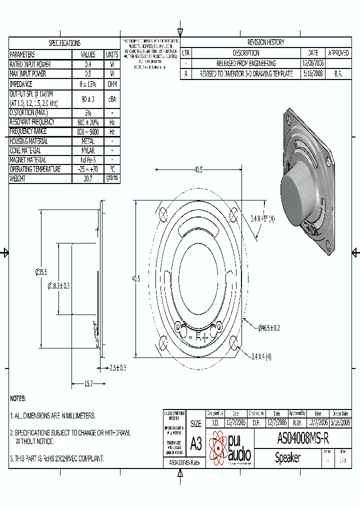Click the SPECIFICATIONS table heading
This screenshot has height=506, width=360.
click(x=64, y=43)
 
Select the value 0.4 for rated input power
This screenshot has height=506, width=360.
click(x=87, y=64)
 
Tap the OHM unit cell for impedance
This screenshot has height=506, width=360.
click(x=112, y=84)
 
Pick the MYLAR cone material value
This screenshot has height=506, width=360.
click(x=87, y=150)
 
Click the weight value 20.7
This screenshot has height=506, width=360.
click(x=87, y=178)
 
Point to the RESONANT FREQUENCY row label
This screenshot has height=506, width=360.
click(x=32, y=122)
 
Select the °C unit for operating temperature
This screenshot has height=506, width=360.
click(x=112, y=169)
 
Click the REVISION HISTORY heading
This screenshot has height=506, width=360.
click(x=265, y=42)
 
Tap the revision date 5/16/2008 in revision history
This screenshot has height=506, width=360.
click(x=313, y=73)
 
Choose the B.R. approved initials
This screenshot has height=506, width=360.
click(x=338, y=73)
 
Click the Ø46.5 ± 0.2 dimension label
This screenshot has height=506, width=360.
click(x=268, y=328)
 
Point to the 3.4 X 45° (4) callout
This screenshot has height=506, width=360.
click(x=262, y=218)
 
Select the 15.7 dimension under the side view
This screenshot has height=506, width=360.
click(x=88, y=383)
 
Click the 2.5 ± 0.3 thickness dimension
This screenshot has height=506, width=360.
click(x=118, y=368)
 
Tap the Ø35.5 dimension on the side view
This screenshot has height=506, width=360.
click(x=41, y=272)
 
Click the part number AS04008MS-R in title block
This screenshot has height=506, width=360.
click(x=302, y=439)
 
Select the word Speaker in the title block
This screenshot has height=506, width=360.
click(x=287, y=458)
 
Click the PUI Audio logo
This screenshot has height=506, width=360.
click(x=230, y=448)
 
